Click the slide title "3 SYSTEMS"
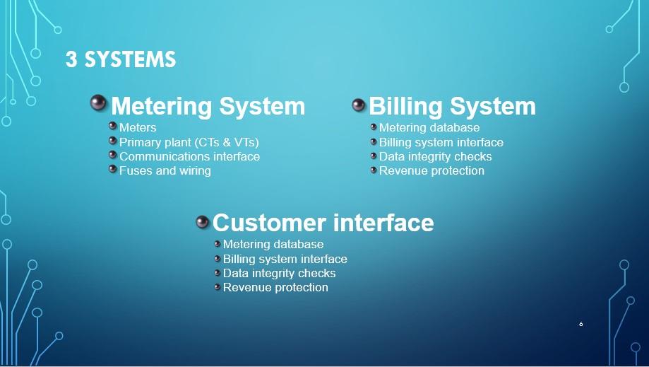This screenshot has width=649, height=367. (121, 60)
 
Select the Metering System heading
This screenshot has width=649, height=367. (208, 107)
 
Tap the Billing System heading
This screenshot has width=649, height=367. (452, 107)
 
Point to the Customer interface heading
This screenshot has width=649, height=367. (323, 223)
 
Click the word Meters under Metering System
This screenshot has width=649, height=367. (138, 128)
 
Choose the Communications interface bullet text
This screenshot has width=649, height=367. (189, 156)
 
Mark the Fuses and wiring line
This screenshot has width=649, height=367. (165, 170)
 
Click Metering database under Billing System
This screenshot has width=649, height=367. (429, 128)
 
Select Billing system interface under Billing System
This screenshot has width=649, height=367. (441, 142)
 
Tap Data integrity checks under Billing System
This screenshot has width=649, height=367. (435, 156)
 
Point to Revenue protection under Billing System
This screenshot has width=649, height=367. (431, 170)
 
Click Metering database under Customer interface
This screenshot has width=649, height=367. (273, 245)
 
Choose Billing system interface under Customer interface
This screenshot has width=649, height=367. (285, 259)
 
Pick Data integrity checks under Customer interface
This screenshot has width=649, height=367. (279, 273)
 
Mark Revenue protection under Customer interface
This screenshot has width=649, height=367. (275, 287)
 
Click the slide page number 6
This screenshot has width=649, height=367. (580, 324)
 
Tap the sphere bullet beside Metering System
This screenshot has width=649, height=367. (98, 103)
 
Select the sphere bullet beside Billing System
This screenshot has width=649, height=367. (359, 105)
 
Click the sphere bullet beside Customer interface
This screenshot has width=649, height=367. (203, 222)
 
